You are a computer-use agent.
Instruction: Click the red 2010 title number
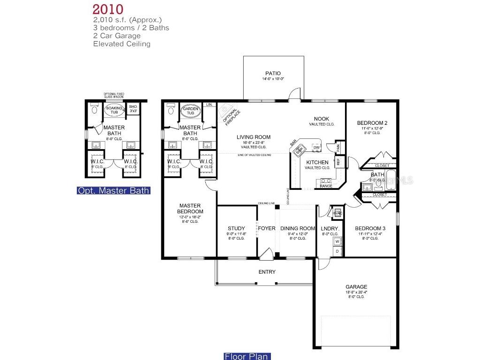pyautogui.click(x=108, y=9)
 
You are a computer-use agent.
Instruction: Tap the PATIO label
pyautogui.click(x=273, y=73)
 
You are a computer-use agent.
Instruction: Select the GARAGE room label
pyautogui.click(x=356, y=286)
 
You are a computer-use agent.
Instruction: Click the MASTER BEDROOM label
pyautogui.click(x=190, y=209)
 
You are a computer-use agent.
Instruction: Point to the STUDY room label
pyautogui.click(x=236, y=228)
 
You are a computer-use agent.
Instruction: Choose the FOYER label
pyautogui.click(x=267, y=228)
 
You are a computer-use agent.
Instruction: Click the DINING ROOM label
pyautogui.click(x=298, y=228)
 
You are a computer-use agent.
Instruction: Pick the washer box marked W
pyautogui.click(x=337, y=242)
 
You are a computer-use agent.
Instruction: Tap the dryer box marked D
pyautogui.click(x=337, y=251)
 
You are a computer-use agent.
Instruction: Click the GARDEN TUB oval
pyautogui.click(x=191, y=111)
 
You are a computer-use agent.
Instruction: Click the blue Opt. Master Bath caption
pyautogui.click(x=113, y=190)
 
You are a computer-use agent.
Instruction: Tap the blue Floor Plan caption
pyautogui.click(x=247, y=356)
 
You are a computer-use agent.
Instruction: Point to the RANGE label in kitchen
pyautogui.click(x=326, y=186)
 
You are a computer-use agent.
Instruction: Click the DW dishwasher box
pyautogui.click(x=316, y=148)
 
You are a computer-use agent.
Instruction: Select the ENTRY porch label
pyautogui.click(x=267, y=272)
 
